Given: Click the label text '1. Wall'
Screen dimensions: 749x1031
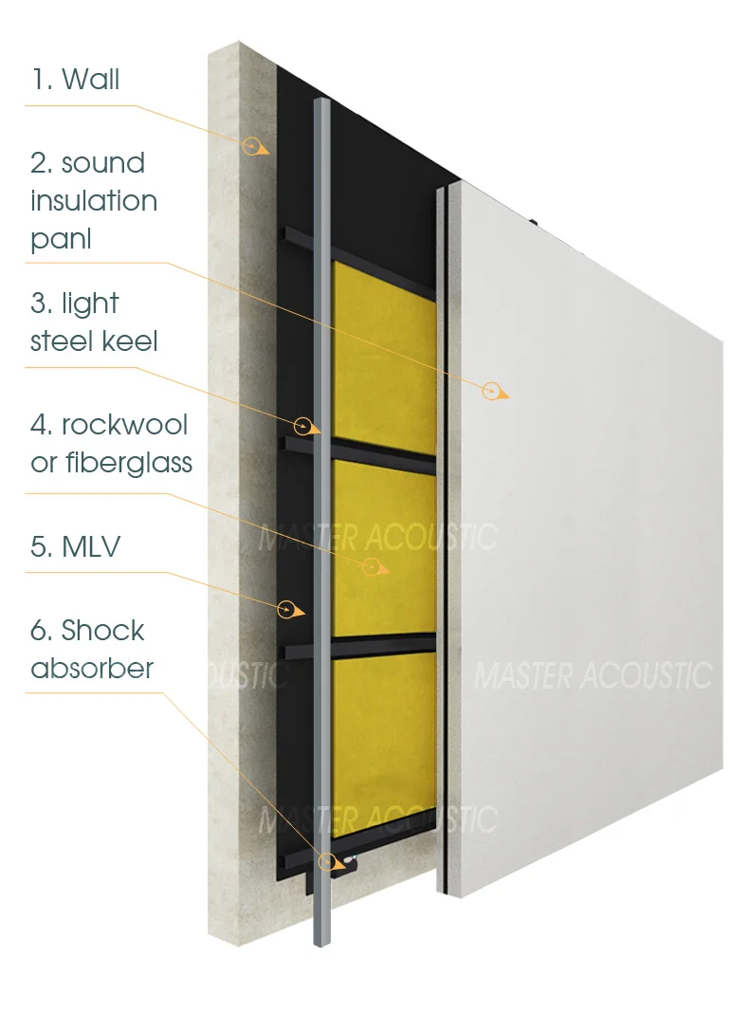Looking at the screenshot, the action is click(75, 79).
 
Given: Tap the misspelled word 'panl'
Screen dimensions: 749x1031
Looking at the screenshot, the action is click(61, 239).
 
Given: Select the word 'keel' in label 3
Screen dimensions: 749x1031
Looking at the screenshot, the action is click(133, 341).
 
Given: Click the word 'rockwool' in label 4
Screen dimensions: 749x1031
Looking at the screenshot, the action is click(124, 424).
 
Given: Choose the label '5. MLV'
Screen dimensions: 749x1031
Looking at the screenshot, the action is click(75, 546).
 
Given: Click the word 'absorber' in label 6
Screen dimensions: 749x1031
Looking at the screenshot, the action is click(92, 668).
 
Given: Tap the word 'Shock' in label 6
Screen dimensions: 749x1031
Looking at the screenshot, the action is click(102, 630).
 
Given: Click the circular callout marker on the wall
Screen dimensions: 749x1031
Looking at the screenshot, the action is click(252, 145).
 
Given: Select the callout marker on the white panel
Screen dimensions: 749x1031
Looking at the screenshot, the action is click(491, 390).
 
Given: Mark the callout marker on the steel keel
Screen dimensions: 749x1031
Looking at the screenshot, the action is click(303, 424).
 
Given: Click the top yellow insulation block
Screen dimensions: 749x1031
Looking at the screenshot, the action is click(384, 356).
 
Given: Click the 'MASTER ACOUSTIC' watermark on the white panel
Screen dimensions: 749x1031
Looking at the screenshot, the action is click(593, 675).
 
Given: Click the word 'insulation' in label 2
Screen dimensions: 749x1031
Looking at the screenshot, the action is click(94, 200).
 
